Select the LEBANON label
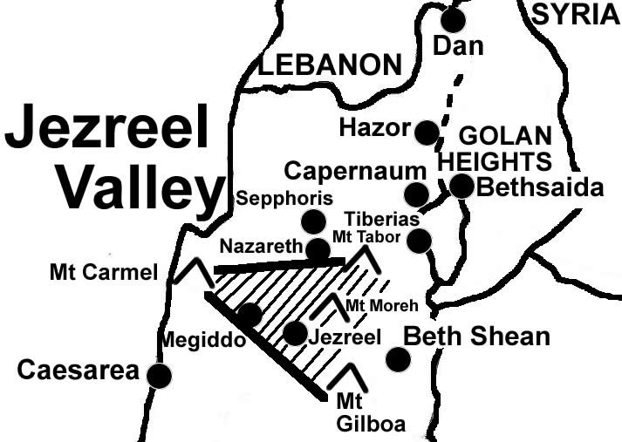pyautogui.click(x=331, y=65)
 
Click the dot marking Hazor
pyautogui.click(x=427, y=133)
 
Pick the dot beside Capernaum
pyautogui.click(x=416, y=194)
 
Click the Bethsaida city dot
pyautogui.click(x=461, y=186)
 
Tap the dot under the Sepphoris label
pyautogui.click(x=312, y=220)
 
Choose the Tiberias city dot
pyautogui.click(x=420, y=241)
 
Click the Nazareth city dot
pyautogui.click(x=318, y=250)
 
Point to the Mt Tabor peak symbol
pyautogui.click(x=364, y=258)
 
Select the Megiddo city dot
pyautogui.click(x=249, y=314)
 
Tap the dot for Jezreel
pyautogui.click(x=295, y=333)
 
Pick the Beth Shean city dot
pyautogui.click(x=398, y=358)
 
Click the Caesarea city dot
pyautogui.click(x=159, y=376)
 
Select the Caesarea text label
pyautogui.click(x=79, y=371)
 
